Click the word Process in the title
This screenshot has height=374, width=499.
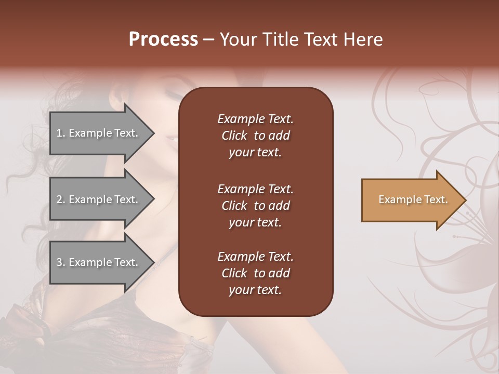coord(163,39)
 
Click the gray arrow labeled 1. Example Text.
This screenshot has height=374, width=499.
coord(99,133)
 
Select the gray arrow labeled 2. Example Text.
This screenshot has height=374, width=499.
coord(99,199)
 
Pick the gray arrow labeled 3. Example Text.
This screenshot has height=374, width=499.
coord(99,262)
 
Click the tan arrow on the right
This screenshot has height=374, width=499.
coord(411,200)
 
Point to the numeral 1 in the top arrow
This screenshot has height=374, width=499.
coord(59,133)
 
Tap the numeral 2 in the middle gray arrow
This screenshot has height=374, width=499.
coord(59,199)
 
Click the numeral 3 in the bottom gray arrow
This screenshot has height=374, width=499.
coord(59,262)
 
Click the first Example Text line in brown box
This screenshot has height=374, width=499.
coord(255,119)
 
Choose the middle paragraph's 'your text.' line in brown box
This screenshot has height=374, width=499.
coord(255,222)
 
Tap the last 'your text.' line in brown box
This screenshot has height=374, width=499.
coord(255,290)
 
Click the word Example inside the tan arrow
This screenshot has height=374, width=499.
coord(396,199)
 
